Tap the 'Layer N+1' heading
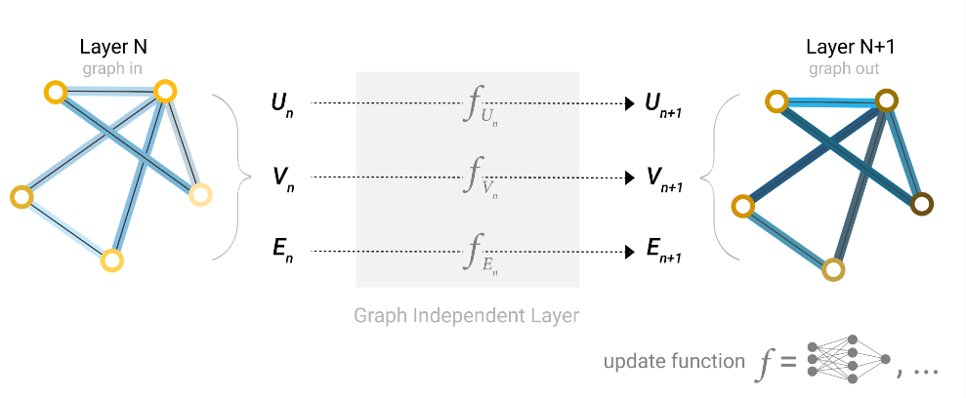(x=843, y=48)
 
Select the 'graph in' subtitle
(x=112, y=68)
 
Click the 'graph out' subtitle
(x=844, y=68)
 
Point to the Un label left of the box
(x=283, y=103)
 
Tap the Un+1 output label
(x=662, y=104)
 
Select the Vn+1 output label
(x=663, y=179)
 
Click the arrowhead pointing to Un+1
(x=630, y=103)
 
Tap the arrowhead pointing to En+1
(x=630, y=252)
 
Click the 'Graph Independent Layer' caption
(x=466, y=315)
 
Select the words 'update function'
(x=674, y=361)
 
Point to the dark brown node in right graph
(x=922, y=204)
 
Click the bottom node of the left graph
(x=112, y=260)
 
